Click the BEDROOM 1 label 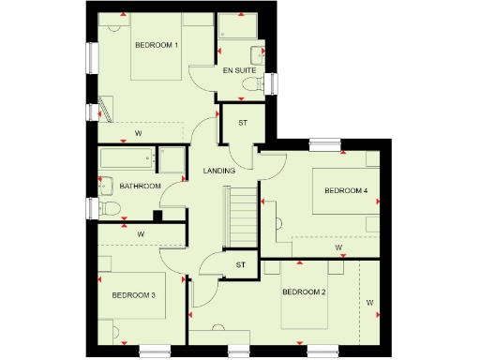click(x=157, y=45)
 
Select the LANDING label click(x=219, y=170)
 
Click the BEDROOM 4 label click(x=346, y=190)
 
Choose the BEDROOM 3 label click(x=133, y=295)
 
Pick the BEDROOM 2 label click(x=304, y=292)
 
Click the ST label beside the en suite click(x=242, y=123)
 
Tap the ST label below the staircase click(x=240, y=265)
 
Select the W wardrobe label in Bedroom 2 click(x=369, y=303)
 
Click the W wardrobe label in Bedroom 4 click(x=337, y=248)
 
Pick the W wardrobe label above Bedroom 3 click(x=141, y=232)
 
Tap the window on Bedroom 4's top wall click(x=325, y=144)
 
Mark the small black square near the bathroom click(x=157, y=216)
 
